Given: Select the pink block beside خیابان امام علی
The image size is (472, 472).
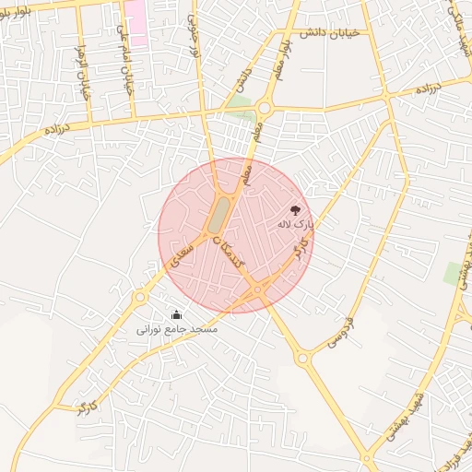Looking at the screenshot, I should tap(136, 23).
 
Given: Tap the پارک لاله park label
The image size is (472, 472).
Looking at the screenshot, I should tap(296, 224).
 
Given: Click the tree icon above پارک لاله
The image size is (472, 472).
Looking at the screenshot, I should tap(296, 210).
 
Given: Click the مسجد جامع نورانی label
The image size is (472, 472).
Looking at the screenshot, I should tap(176, 328).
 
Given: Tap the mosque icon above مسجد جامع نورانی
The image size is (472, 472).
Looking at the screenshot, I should tap(176, 314).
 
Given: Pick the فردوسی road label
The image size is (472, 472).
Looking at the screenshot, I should tap(340, 333).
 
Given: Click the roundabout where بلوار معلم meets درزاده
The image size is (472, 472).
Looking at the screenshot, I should tap(265, 108).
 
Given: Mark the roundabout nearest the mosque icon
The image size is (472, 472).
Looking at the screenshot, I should tap(140, 297).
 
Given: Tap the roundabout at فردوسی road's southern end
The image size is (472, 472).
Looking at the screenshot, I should tap(302, 358).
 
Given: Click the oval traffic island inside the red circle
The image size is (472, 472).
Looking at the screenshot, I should tap(218, 215).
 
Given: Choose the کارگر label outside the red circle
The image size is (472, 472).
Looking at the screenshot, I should tap(88, 405).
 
